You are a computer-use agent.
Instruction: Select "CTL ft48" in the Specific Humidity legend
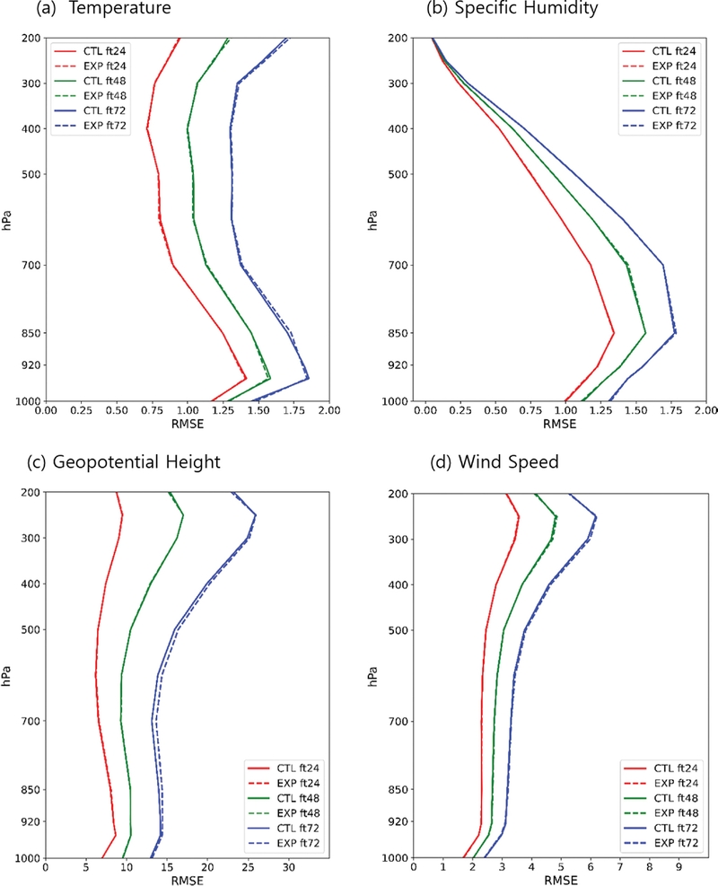pyautogui.click(x=668, y=81)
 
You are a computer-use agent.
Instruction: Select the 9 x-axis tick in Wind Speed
pyautogui.click(x=679, y=868)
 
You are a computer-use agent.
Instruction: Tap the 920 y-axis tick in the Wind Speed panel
pyautogui.click(x=392, y=821)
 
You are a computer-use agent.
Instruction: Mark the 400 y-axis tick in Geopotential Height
pyautogui.click(x=25, y=583)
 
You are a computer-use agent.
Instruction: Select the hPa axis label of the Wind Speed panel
pyautogui.click(x=372, y=675)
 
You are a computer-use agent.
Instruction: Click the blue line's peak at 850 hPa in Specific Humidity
pyautogui.click(x=675, y=333)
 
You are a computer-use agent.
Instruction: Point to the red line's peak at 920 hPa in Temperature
pyautogui.click(x=246, y=377)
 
